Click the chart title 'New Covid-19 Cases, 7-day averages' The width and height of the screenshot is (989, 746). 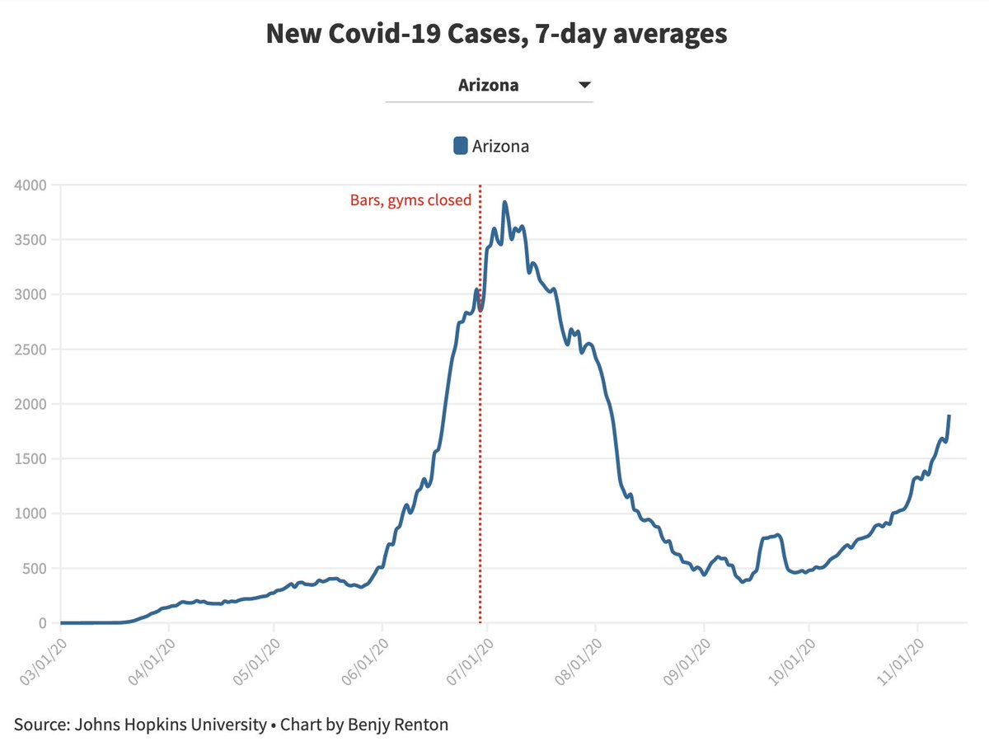tap(496, 34)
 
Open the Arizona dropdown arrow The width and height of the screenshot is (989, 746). tap(584, 85)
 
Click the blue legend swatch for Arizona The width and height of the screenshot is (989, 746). tap(461, 146)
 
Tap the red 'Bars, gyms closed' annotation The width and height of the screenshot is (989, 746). tap(410, 199)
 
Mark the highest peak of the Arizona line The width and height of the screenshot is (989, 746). tap(504, 202)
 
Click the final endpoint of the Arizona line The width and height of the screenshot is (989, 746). tap(949, 416)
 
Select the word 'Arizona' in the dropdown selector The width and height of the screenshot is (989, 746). tap(488, 85)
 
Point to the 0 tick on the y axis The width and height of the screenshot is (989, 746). tap(43, 623)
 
